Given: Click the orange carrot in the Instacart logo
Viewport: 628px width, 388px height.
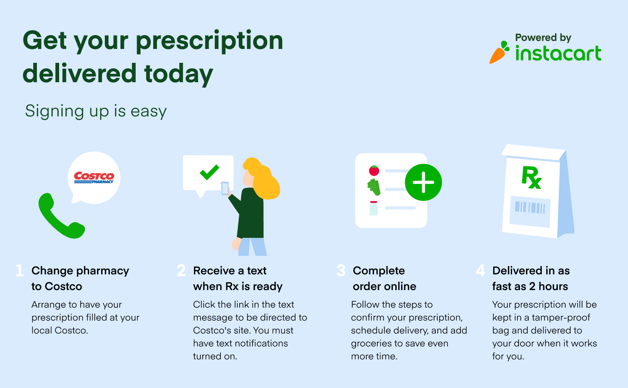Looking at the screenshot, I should point(498,54).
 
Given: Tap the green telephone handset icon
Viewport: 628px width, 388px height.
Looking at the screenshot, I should point(60,217).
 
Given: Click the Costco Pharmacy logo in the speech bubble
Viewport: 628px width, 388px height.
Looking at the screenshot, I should point(94,178).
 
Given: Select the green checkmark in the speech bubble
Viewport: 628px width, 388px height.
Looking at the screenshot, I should point(209,172).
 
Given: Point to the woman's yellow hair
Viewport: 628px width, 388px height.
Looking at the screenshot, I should point(263,178).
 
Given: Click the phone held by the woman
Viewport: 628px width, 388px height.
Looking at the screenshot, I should point(225,188).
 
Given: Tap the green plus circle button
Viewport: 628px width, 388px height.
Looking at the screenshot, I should point(423,182).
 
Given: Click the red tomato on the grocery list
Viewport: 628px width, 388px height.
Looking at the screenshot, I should point(374,170).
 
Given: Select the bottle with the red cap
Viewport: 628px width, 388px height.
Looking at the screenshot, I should point(374,208).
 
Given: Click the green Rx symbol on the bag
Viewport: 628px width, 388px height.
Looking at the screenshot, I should point(531,178).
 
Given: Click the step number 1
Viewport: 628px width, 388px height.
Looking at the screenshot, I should point(19,271).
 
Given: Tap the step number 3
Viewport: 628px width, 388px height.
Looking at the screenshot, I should point(341,271).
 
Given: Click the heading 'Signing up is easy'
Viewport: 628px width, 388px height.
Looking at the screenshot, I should point(96,111).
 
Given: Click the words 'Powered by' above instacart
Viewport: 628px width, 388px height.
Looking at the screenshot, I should point(543,37).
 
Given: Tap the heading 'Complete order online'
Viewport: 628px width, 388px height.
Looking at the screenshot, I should point(384,279).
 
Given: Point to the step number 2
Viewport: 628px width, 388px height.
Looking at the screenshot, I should point(181,271).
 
